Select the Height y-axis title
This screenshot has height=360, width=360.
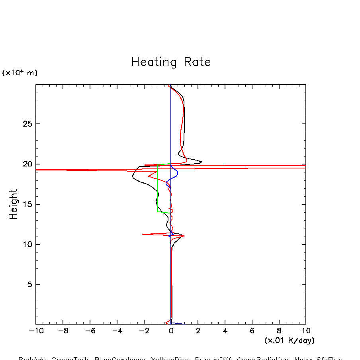coord(14,204)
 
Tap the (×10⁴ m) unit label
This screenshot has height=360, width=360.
coord(20,73)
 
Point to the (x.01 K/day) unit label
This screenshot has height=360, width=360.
coord(289,340)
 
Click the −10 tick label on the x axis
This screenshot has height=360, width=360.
coord(36,331)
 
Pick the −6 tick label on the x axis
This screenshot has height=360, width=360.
coord(90,331)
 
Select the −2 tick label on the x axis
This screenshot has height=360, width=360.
coord(144,331)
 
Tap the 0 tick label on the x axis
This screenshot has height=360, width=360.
coord(171,331)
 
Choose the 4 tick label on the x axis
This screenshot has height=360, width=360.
coord(225,331)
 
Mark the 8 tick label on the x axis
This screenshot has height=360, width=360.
coord(279,331)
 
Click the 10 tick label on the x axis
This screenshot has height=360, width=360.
coord(306,331)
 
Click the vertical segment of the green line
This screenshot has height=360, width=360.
coord(157,187)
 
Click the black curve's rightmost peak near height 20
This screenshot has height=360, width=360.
coord(202,162)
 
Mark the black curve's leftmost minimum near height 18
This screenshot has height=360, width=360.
coord(133,177)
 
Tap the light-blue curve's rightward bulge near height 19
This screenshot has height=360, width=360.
coord(178,173)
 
